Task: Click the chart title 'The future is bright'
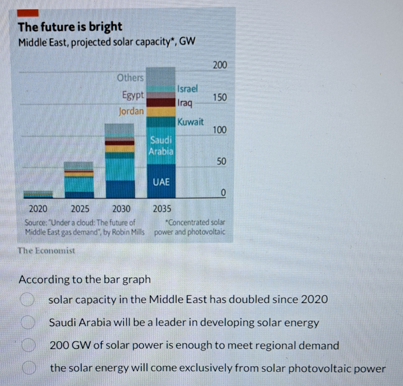70,27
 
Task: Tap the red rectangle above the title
28,13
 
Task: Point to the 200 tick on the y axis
220,65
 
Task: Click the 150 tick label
220,97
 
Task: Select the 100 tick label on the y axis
220,130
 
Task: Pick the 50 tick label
222,162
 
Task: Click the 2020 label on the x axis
38,209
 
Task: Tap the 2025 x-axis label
80,209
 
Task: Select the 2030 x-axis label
121,209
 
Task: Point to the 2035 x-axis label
162,209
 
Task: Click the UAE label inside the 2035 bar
161,182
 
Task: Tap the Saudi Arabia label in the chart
161,145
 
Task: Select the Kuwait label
190,122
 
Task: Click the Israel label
187,89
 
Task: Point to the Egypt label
133,95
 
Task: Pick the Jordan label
131,111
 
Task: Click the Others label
130,78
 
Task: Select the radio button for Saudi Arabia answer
28,323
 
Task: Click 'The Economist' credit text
47,251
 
